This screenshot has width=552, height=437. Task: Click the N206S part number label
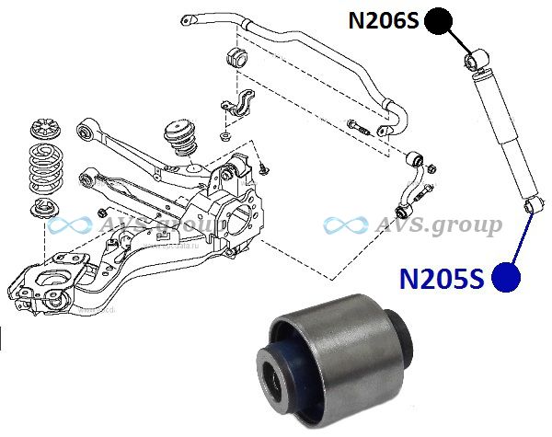(x=384, y=20)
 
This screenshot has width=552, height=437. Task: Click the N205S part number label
(x=442, y=279)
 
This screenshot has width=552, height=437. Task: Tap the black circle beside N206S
(x=438, y=21)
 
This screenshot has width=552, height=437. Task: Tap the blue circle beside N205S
(x=505, y=278)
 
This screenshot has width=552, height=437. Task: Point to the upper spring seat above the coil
(x=46, y=130)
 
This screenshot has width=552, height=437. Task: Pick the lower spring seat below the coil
(x=45, y=209)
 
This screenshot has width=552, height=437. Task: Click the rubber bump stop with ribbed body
(x=180, y=138)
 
